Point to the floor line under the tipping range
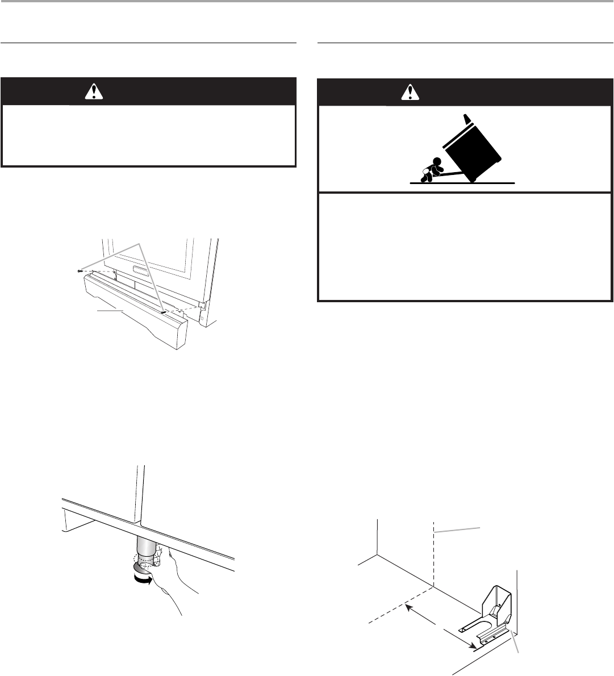pos(462,183)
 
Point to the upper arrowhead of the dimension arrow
pos(407,607)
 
